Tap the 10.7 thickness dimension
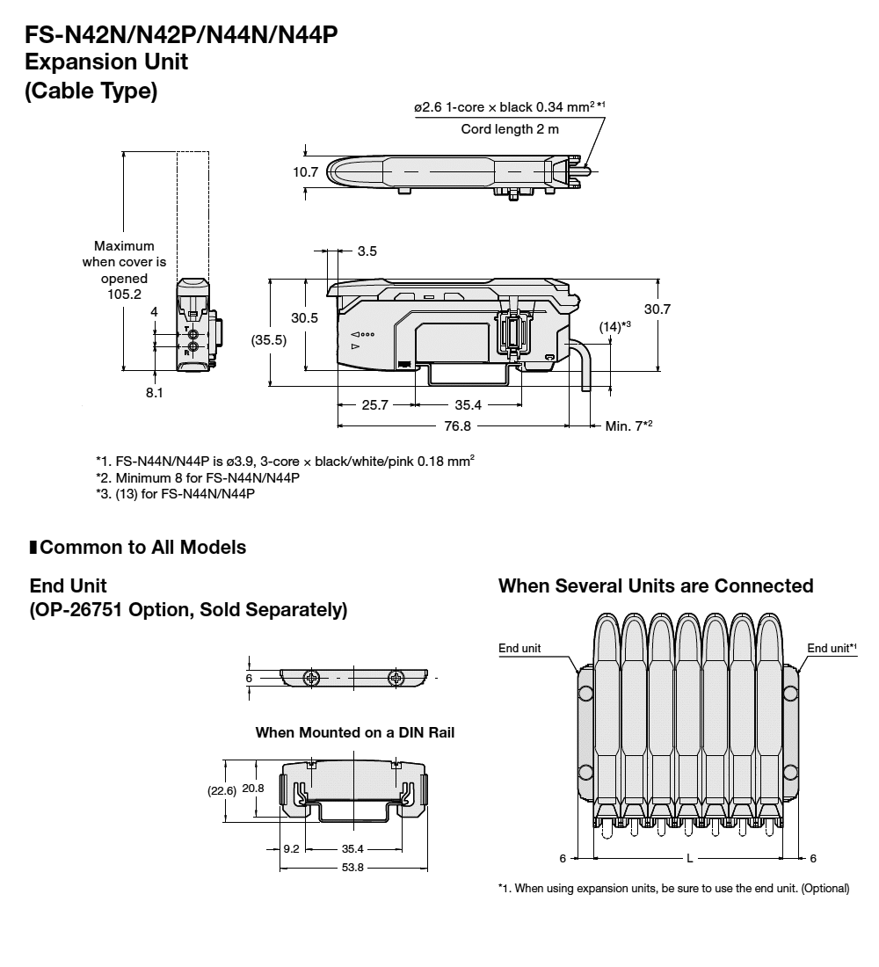(x=305, y=172)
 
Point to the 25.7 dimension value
(x=375, y=405)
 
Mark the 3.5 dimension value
(x=367, y=251)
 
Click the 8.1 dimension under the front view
(x=155, y=393)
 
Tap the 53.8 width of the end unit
(x=353, y=867)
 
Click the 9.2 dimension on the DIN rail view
(x=292, y=849)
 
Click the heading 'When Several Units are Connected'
(x=656, y=585)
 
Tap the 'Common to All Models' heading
(x=142, y=548)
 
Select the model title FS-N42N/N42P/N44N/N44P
(x=182, y=36)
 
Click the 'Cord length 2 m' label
(x=510, y=128)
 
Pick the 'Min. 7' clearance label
(x=627, y=425)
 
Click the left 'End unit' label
(x=519, y=648)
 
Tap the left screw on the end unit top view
(x=310, y=678)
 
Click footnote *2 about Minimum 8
(x=198, y=477)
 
